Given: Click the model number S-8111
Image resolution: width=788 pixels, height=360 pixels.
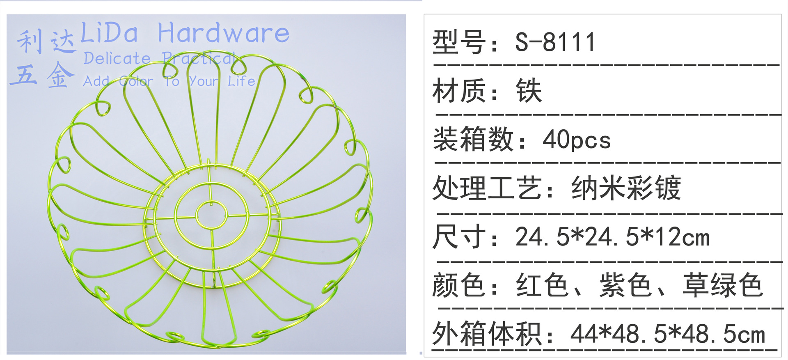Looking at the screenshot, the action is [555, 42].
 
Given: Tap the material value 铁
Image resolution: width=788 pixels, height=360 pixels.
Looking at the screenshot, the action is [529, 90].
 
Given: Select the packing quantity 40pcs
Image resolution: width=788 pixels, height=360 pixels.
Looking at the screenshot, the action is [576, 140].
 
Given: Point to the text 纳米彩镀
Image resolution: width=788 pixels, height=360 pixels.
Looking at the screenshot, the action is [626, 188].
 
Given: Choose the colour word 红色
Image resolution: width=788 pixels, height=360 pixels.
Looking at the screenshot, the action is [542, 285].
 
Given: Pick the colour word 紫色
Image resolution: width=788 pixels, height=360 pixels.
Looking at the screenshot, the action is [625, 285].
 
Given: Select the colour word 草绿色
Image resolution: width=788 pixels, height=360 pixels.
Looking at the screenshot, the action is [722, 285].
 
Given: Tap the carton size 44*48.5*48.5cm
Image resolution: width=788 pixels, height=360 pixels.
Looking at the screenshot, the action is [668, 334].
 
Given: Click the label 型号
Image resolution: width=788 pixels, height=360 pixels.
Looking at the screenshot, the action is [459, 42].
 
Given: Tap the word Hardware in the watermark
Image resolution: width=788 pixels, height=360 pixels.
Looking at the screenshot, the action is [224, 33].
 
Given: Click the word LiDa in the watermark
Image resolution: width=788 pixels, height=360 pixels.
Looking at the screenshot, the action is [109, 33].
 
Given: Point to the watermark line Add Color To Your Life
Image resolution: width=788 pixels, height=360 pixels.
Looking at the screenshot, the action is [169, 81].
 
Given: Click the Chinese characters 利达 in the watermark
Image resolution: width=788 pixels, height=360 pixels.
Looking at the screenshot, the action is [46, 42].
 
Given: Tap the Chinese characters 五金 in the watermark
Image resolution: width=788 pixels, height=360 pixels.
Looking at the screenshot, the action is [42, 76].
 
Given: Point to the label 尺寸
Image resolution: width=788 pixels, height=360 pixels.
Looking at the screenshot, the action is [459, 237].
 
